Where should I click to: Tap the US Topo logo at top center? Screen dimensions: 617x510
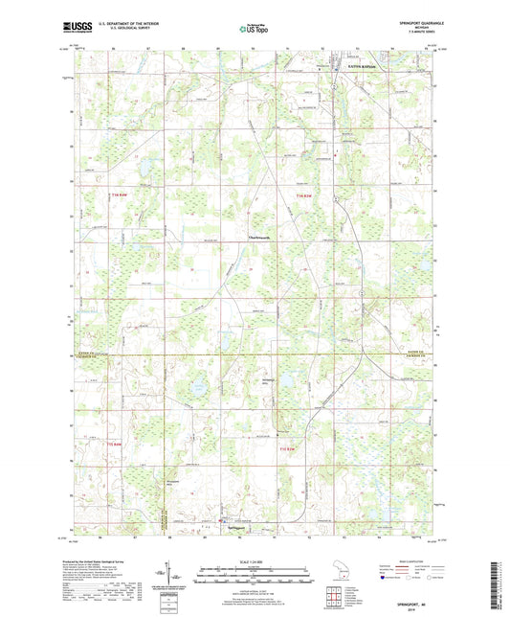(x=255, y=29)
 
